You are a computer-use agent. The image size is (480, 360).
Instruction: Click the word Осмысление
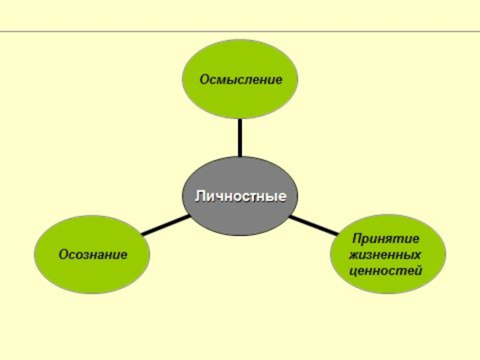pos(240,79)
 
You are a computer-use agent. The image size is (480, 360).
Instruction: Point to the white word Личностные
pos(239,196)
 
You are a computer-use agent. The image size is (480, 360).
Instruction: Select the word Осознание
pos(92,254)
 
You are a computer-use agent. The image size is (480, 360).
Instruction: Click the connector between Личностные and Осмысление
pos(240,138)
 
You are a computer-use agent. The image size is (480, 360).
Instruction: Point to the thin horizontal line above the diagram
pos(240,31)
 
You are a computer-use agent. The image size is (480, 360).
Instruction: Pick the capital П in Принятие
pos(356,239)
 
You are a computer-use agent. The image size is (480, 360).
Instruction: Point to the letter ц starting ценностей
pos(352,271)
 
